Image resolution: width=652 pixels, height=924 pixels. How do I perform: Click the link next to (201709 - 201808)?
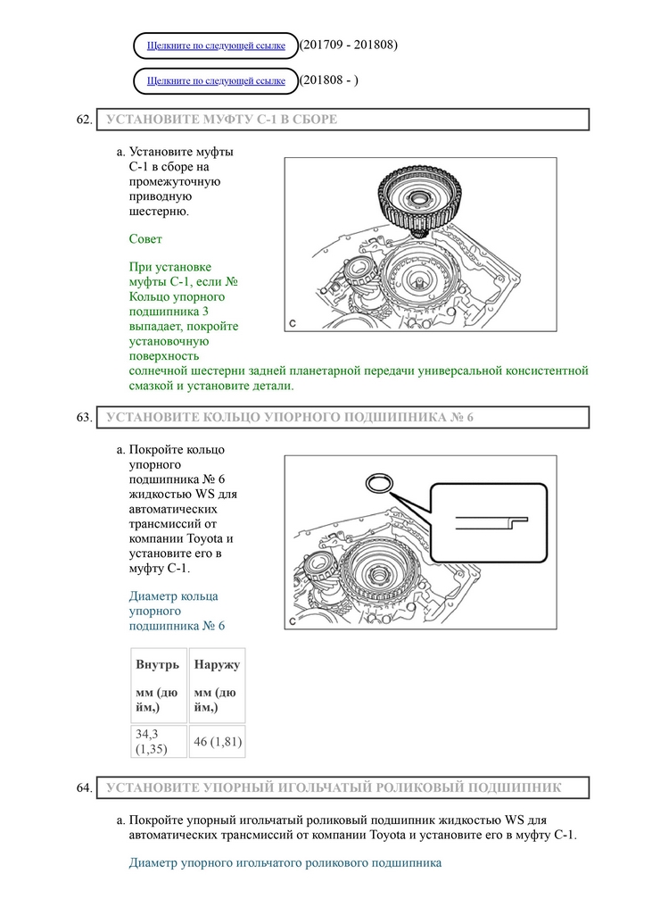coord(216,46)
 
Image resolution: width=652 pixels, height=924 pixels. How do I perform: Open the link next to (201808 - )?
coord(216,81)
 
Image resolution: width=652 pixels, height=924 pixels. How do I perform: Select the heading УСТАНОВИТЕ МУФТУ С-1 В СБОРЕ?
coord(222,120)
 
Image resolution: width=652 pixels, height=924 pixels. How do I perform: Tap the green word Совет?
coord(145,239)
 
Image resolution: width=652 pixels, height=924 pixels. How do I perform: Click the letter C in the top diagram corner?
coord(293,322)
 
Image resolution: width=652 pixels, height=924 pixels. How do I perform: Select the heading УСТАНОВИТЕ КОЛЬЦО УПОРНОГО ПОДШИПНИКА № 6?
coord(289,417)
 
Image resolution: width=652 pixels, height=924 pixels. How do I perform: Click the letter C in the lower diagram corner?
coord(293,621)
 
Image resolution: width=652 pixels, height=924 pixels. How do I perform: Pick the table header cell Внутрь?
coord(158,665)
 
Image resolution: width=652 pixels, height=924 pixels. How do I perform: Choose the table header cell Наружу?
coord(217,665)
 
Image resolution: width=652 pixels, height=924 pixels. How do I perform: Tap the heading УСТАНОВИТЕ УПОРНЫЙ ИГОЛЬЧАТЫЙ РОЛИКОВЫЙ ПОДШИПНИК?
coord(334,787)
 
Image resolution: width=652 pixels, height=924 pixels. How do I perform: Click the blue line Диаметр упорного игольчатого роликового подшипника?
coord(285,863)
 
